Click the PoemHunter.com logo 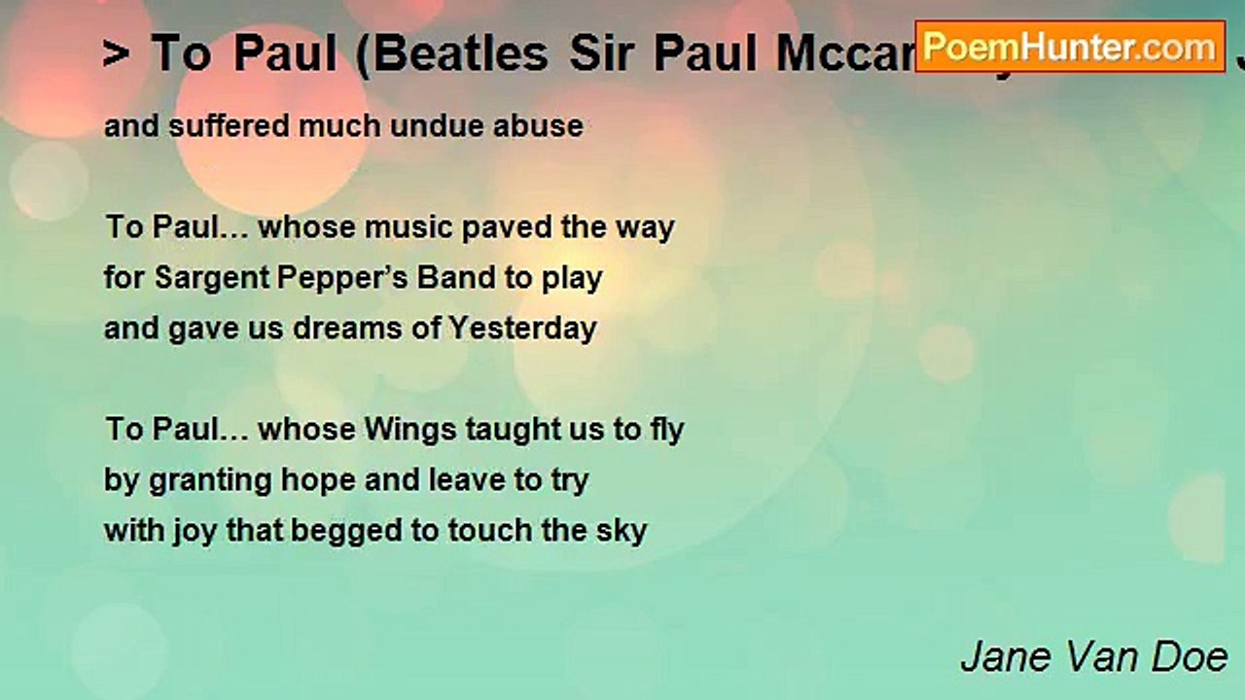(x=1070, y=46)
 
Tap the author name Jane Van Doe (x=1093, y=657)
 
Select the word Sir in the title (x=604, y=54)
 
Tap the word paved (x=507, y=227)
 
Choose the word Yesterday (x=521, y=329)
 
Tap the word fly (x=667, y=430)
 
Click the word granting (x=191, y=481)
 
